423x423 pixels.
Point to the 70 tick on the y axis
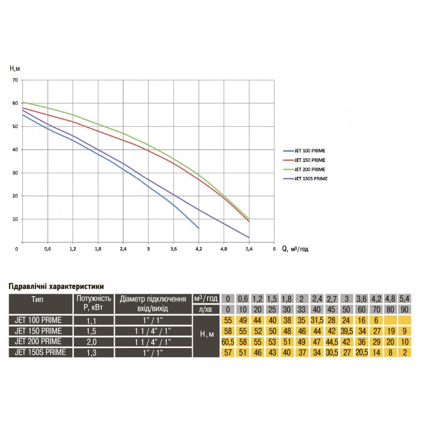15,80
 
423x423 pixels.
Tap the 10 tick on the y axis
15,219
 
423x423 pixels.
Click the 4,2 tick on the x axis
199,248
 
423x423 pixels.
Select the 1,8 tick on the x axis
97,248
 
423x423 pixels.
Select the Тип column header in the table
40,299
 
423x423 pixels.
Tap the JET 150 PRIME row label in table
40,331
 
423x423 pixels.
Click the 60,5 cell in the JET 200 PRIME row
228,341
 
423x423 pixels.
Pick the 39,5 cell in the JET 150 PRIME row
346,331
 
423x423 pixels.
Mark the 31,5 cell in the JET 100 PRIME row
316,320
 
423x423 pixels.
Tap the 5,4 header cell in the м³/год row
405,299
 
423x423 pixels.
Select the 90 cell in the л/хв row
405,309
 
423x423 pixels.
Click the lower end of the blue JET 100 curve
199,228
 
